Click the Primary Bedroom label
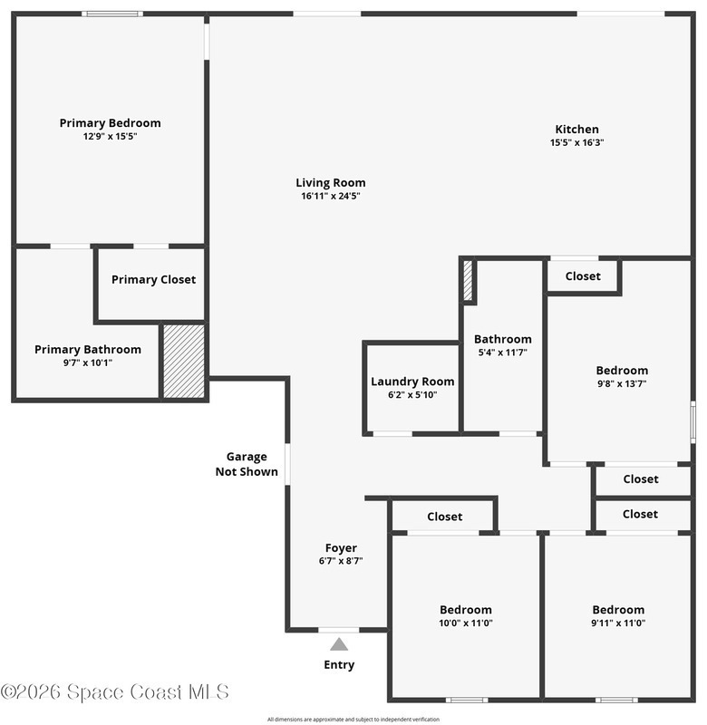tap(110, 123)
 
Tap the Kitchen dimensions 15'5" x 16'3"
tap(577, 142)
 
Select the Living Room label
tap(331, 183)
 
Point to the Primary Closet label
tap(153, 279)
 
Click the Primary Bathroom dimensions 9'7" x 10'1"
tap(88, 362)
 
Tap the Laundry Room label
tap(412, 382)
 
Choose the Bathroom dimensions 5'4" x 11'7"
tap(503, 353)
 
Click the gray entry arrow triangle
tap(339, 644)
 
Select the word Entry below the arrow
tap(339, 665)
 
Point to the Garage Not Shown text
tap(247, 464)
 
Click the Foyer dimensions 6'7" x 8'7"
tap(341, 561)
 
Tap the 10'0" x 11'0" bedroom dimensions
tap(466, 623)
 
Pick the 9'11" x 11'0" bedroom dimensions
tap(618, 623)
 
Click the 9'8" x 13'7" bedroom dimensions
tap(622, 383)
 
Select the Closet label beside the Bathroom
tap(583, 276)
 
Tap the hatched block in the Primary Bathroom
tap(184, 361)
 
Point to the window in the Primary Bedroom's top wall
tap(112, 14)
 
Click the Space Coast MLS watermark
tap(115, 691)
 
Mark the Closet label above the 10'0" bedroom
tap(444, 517)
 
